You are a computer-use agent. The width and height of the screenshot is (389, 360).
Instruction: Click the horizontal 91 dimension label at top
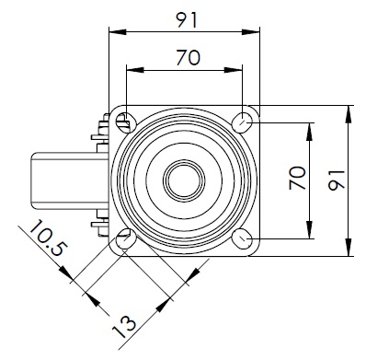click(187, 20)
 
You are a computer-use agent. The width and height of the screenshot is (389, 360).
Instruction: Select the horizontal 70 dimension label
click(189, 58)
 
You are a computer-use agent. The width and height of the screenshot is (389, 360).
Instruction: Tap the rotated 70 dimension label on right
click(297, 178)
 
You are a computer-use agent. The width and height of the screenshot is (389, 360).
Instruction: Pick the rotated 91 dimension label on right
click(337, 180)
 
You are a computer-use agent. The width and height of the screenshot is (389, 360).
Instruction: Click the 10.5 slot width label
click(48, 238)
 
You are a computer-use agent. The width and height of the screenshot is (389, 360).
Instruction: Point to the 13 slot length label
click(124, 327)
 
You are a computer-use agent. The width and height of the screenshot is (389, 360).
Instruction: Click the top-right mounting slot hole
click(242, 122)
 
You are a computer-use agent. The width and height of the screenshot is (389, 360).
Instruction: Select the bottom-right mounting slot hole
click(242, 238)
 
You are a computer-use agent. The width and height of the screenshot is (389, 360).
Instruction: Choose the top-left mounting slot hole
click(126, 122)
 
